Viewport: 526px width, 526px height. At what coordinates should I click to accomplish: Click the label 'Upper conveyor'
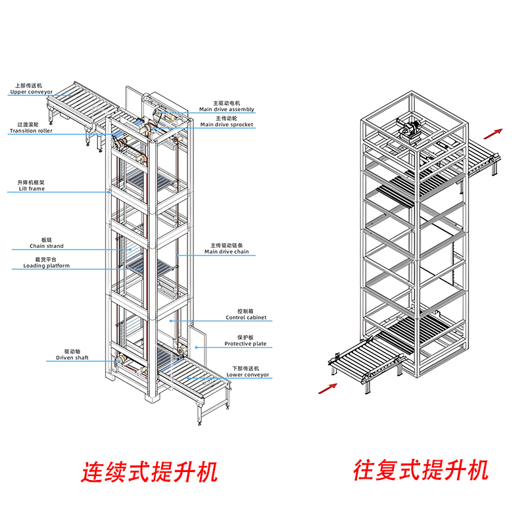(x=31, y=92)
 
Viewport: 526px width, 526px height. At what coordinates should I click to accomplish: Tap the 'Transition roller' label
(x=31, y=131)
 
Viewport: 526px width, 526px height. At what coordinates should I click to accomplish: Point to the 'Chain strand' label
(x=47, y=247)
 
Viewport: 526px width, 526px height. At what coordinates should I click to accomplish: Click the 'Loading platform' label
(x=47, y=266)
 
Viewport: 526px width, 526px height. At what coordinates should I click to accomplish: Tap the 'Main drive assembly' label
(x=227, y=109)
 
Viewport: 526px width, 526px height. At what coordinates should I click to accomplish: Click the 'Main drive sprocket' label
(x=227, y=124)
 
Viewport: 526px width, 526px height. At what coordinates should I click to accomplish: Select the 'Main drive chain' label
(x=227, y=252)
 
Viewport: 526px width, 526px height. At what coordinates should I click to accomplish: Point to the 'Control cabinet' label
(x=246, y=318)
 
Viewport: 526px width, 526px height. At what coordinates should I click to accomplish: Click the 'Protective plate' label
(x=245, y=344)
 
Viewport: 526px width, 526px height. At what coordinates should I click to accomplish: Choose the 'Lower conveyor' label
(x=248, y=375)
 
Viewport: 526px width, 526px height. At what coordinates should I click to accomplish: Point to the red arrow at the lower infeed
(x=327, y=389)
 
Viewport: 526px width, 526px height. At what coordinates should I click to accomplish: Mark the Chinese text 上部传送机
(x=26, y=85)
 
